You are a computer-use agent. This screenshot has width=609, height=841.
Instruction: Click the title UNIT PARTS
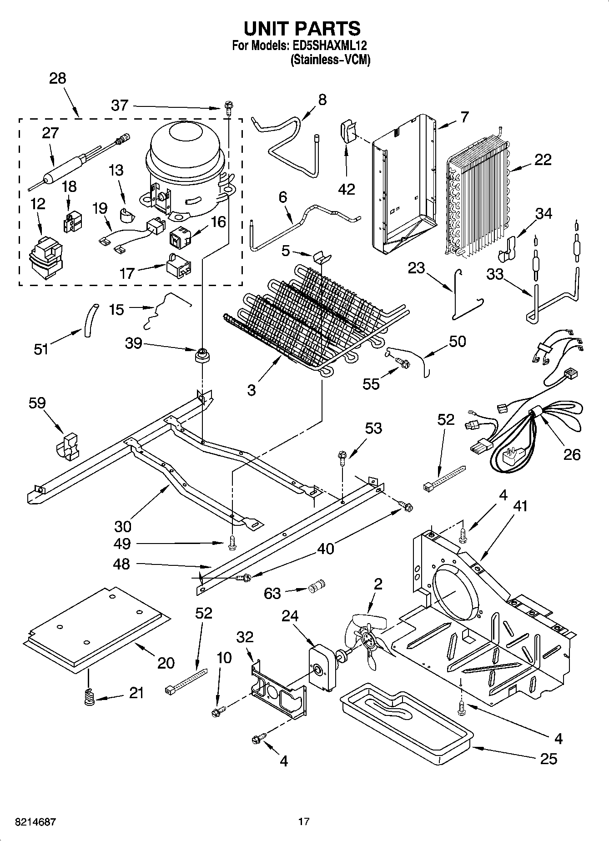pyautogui.click(x=302, y=29)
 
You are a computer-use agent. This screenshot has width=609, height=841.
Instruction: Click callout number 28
pyautogui.click(x=58, y=78)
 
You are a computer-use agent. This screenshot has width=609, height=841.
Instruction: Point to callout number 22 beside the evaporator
pyautogui.click(x=543, y=160)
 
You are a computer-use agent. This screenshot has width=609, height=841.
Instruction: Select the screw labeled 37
pyautogui.click(x=228, y=108)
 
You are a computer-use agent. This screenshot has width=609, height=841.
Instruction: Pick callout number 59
pyautogui.click(x=37, y=403)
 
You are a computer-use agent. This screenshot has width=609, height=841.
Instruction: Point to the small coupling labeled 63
pyautogui.click(x=315, y=587)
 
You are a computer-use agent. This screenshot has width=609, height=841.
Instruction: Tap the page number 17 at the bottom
pyautogui.click(x=304, y=822)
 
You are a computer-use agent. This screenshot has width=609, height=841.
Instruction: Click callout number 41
pyautogui.click(x=520, y=506)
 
